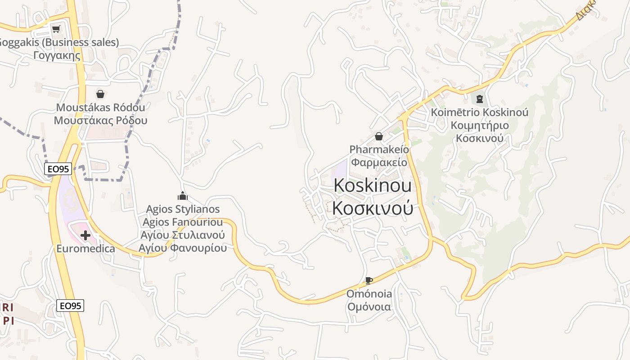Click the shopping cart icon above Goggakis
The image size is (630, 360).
click(56, 29)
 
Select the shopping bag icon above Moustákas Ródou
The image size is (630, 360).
click(100, 94)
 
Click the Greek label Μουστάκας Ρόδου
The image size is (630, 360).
click(100, 121)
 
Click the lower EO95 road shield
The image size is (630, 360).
click(71, 306)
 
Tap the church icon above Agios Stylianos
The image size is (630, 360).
click(182, 196)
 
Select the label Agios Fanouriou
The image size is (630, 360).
click(183, 222)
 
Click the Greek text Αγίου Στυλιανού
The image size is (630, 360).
click(183, 235)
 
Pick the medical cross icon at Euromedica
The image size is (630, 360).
click(85, 235)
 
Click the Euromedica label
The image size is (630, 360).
click(85, 248)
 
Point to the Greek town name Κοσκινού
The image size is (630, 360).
click(372, 208)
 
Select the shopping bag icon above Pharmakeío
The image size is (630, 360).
click(379, 136)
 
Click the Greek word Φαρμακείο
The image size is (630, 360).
click(379, 162)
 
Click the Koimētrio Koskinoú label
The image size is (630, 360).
click(480, 112)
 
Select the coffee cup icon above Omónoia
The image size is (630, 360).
click(369, 281)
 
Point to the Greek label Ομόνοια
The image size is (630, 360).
click(369, 307)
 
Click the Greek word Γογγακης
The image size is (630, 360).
click(57, 55)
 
